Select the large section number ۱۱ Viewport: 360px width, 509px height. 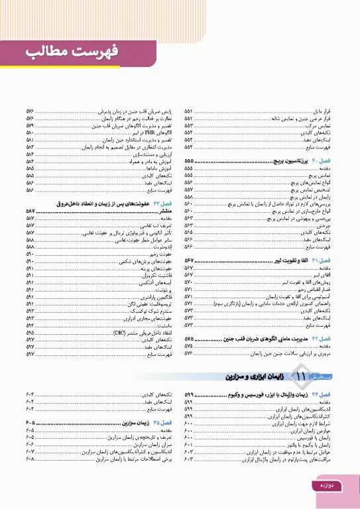[x=303, y=376]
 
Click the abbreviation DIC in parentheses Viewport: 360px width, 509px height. [x=120, y=332]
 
